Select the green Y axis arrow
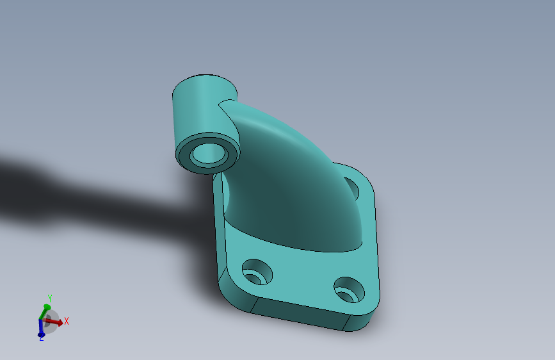pos(45,310)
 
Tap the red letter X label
pos(66,321)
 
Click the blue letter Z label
pos(41,338)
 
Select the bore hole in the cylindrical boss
pos(207,154)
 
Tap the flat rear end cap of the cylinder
pos(204,83)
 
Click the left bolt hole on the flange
pos(257,273)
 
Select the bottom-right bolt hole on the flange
pos(349,290)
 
